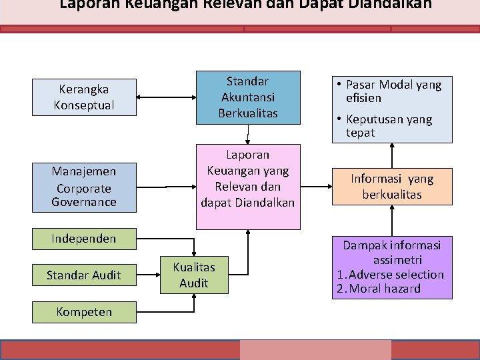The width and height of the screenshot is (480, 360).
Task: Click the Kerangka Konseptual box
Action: click(85, 97)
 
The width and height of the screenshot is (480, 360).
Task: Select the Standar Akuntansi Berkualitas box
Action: click(248, 97)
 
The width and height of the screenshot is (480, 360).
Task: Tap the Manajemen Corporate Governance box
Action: click(85, 187)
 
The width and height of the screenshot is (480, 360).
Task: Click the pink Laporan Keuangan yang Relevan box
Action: click(248, 178)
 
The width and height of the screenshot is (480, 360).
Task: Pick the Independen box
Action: click(85, 239)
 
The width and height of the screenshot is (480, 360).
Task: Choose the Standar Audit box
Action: click(85, 275)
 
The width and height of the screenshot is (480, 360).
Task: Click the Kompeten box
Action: click(85, 311)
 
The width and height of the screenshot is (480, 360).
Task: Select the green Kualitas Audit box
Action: click(194, 275)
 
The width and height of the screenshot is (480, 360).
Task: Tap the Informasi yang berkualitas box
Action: click(392, 187)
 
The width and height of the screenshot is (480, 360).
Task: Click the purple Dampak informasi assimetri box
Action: click(392, 267)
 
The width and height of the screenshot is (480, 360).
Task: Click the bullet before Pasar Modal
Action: click(339, 85)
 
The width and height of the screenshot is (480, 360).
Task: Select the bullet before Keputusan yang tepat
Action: click(339, 119)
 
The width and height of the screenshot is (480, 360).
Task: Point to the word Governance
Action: click(84, 201)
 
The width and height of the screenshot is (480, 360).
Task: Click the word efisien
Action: click(363, 98)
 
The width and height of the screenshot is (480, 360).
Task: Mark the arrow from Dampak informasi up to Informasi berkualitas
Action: click(392, 221)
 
